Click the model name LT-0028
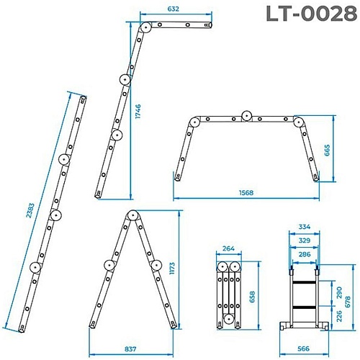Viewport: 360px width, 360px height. pyautogui.click(x=312, y=14)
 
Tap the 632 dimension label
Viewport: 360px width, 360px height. pyautogui.click(x=173, y=9)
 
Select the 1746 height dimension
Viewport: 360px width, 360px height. pyautogui.click(x=138, y=111)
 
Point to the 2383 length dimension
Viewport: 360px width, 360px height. pyautogui.click(x=30, y=210)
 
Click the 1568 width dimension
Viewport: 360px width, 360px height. pyautogui.click(x=246, y=193)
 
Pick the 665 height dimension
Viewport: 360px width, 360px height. pyautogui.click(x=328, y=150)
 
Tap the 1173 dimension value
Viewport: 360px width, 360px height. pyautogui.click(x=172, y=269)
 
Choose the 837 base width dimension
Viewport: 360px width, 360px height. pyautogui.click(x=130, y=349)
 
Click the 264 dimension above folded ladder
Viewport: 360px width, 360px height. pyautogui.click(x=228, y=248)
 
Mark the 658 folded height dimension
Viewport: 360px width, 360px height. pyautogui.click(x=252, y=297)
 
